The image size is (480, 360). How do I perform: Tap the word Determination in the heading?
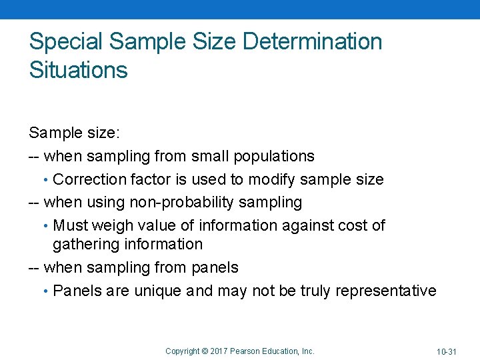[x=312, y=42]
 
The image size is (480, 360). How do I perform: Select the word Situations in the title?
[x=78, y=70]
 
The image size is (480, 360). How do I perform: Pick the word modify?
[x=273, y=179]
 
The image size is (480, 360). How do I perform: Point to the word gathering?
[x=84, y=245]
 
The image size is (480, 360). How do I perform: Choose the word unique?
[x=159, y=291]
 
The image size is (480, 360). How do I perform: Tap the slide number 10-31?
[x=446, y=351]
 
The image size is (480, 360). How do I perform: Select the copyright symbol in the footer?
[x=205, y=351]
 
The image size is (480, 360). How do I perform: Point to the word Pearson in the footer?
[x=245, y=351]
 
